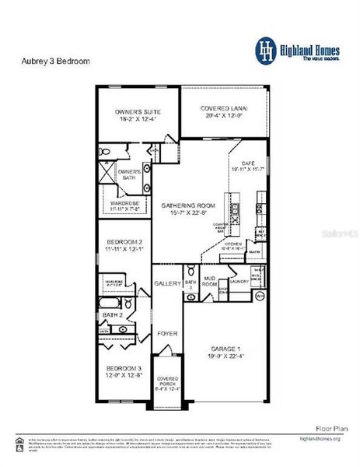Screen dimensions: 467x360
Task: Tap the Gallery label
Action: click(167, 283)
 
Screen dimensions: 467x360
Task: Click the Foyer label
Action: click(167, 333)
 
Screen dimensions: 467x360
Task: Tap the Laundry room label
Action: click(239, 281)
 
